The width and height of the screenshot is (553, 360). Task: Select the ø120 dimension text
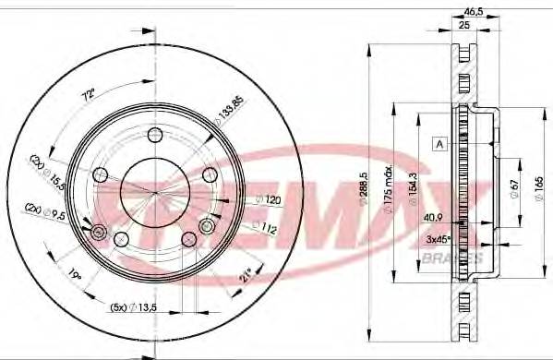[x=267, y=199]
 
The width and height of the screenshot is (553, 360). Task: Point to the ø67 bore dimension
[x=514, y=188]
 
